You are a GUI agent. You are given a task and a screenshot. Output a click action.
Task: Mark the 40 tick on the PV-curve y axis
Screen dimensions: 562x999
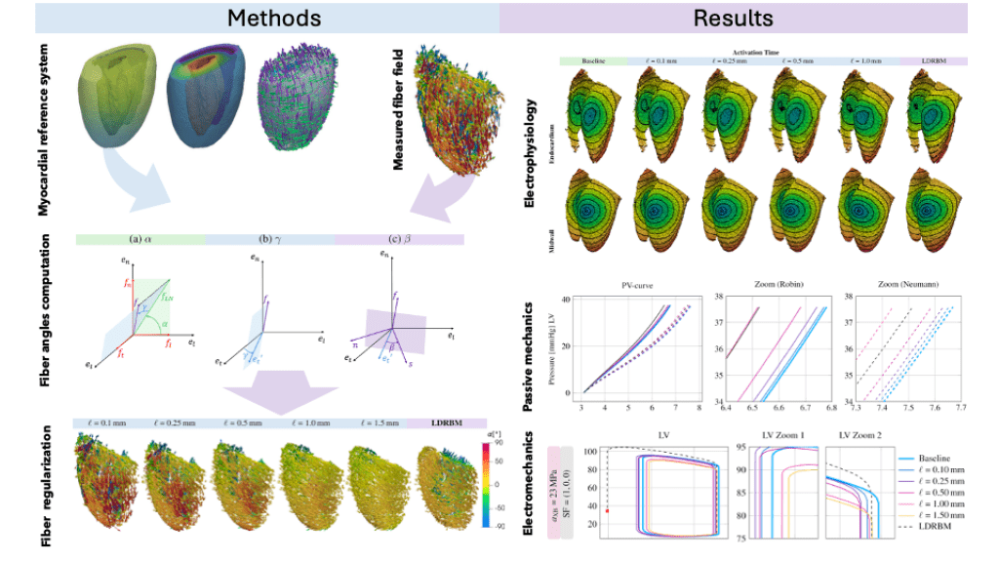565,301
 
